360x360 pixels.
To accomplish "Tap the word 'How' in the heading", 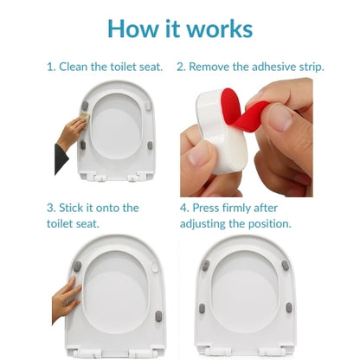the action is tap(133, 29).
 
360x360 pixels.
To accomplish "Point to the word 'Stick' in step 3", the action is tap(71, 208).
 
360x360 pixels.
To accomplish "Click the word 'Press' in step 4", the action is tap(206, 208).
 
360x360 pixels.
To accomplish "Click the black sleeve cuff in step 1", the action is tap(61, 159).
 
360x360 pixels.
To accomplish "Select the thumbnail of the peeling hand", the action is tap(280, 118).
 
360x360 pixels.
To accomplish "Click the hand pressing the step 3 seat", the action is tap(66, 299).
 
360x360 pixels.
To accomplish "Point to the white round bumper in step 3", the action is tap(155, 267).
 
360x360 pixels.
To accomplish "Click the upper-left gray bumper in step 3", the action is tap(77, 267).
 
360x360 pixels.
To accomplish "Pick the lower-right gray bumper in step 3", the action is tap(158, 316).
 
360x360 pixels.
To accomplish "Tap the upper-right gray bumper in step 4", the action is tap(286, 266).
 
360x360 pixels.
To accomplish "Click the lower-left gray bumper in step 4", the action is tap(202, 309).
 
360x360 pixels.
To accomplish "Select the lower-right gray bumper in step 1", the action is tap(150, 145).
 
